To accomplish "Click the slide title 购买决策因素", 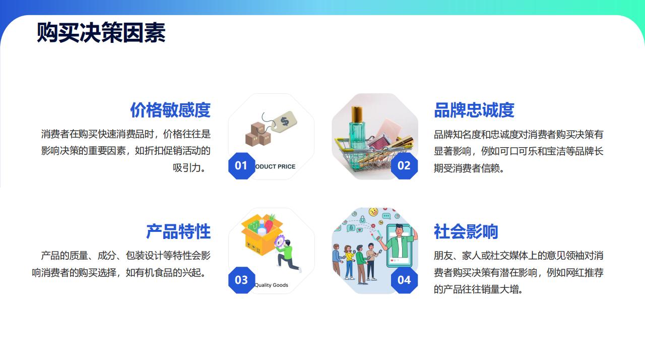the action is tap(101, 33).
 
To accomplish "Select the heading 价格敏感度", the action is tap(170, 110).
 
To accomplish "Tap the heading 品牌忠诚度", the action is tap(474, 110).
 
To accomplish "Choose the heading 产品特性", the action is tap(178, 231).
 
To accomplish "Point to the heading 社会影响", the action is tap(466, 231).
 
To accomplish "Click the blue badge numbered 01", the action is tap(241, 166).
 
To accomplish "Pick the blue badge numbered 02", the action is tap(404, 166).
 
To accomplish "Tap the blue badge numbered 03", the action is tap(241, 280).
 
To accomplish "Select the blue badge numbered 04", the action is tap(404, 280).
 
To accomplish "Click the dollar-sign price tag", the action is tap(284, 122).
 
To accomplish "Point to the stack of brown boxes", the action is tap(258, 134).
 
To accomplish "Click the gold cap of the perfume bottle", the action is tap(357, 113).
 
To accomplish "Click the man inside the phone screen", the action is tap(401, 241).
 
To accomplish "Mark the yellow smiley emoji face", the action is tap(373, 212).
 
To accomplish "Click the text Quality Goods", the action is tap(271, 285).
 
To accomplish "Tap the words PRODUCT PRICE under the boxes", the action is tap(275, 166).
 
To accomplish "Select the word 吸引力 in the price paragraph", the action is tap(187, 168).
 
